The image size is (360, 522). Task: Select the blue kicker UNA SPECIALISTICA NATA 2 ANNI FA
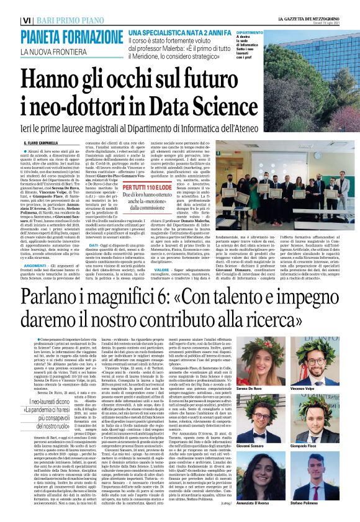(179, 31)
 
